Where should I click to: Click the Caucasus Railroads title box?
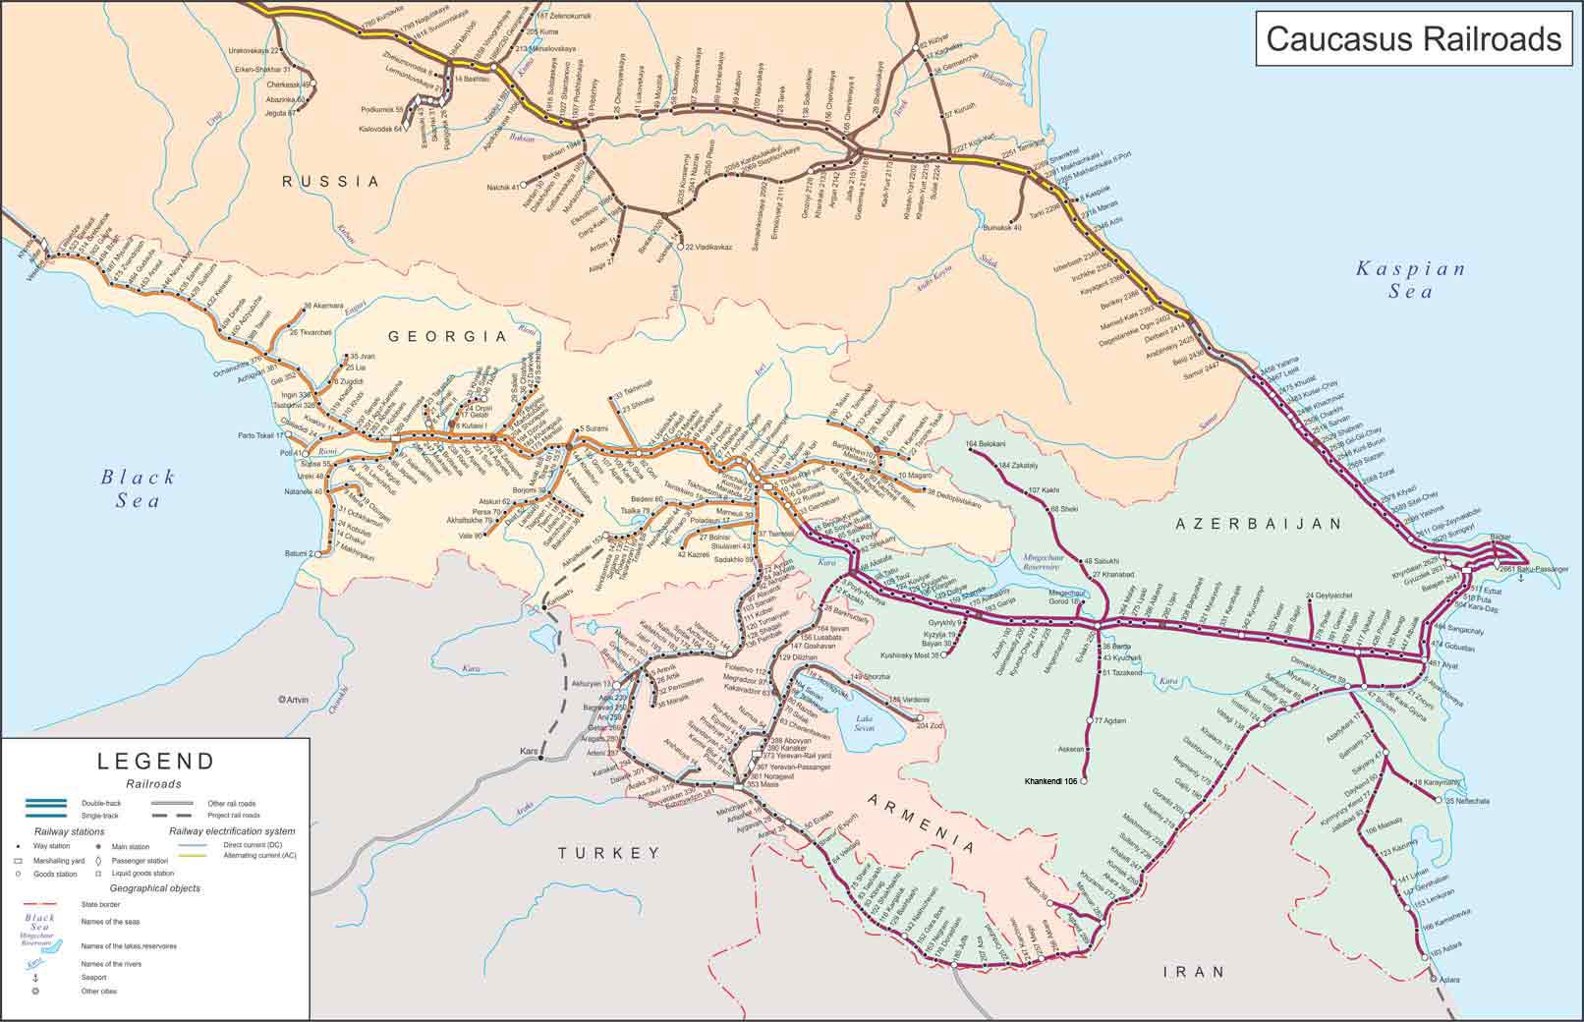coord(1413,39)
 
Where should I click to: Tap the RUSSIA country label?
coord(330,182)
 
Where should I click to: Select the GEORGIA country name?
coord(447,336)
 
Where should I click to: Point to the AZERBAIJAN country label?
coord(1259,525)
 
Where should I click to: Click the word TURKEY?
coord(609,853)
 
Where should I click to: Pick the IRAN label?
coord(1194,972)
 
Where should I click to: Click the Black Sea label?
coord(138,488)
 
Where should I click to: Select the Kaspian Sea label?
coord(1410,279)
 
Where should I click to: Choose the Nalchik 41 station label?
coord(500,187)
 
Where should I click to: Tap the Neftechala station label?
coord(1467,801)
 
